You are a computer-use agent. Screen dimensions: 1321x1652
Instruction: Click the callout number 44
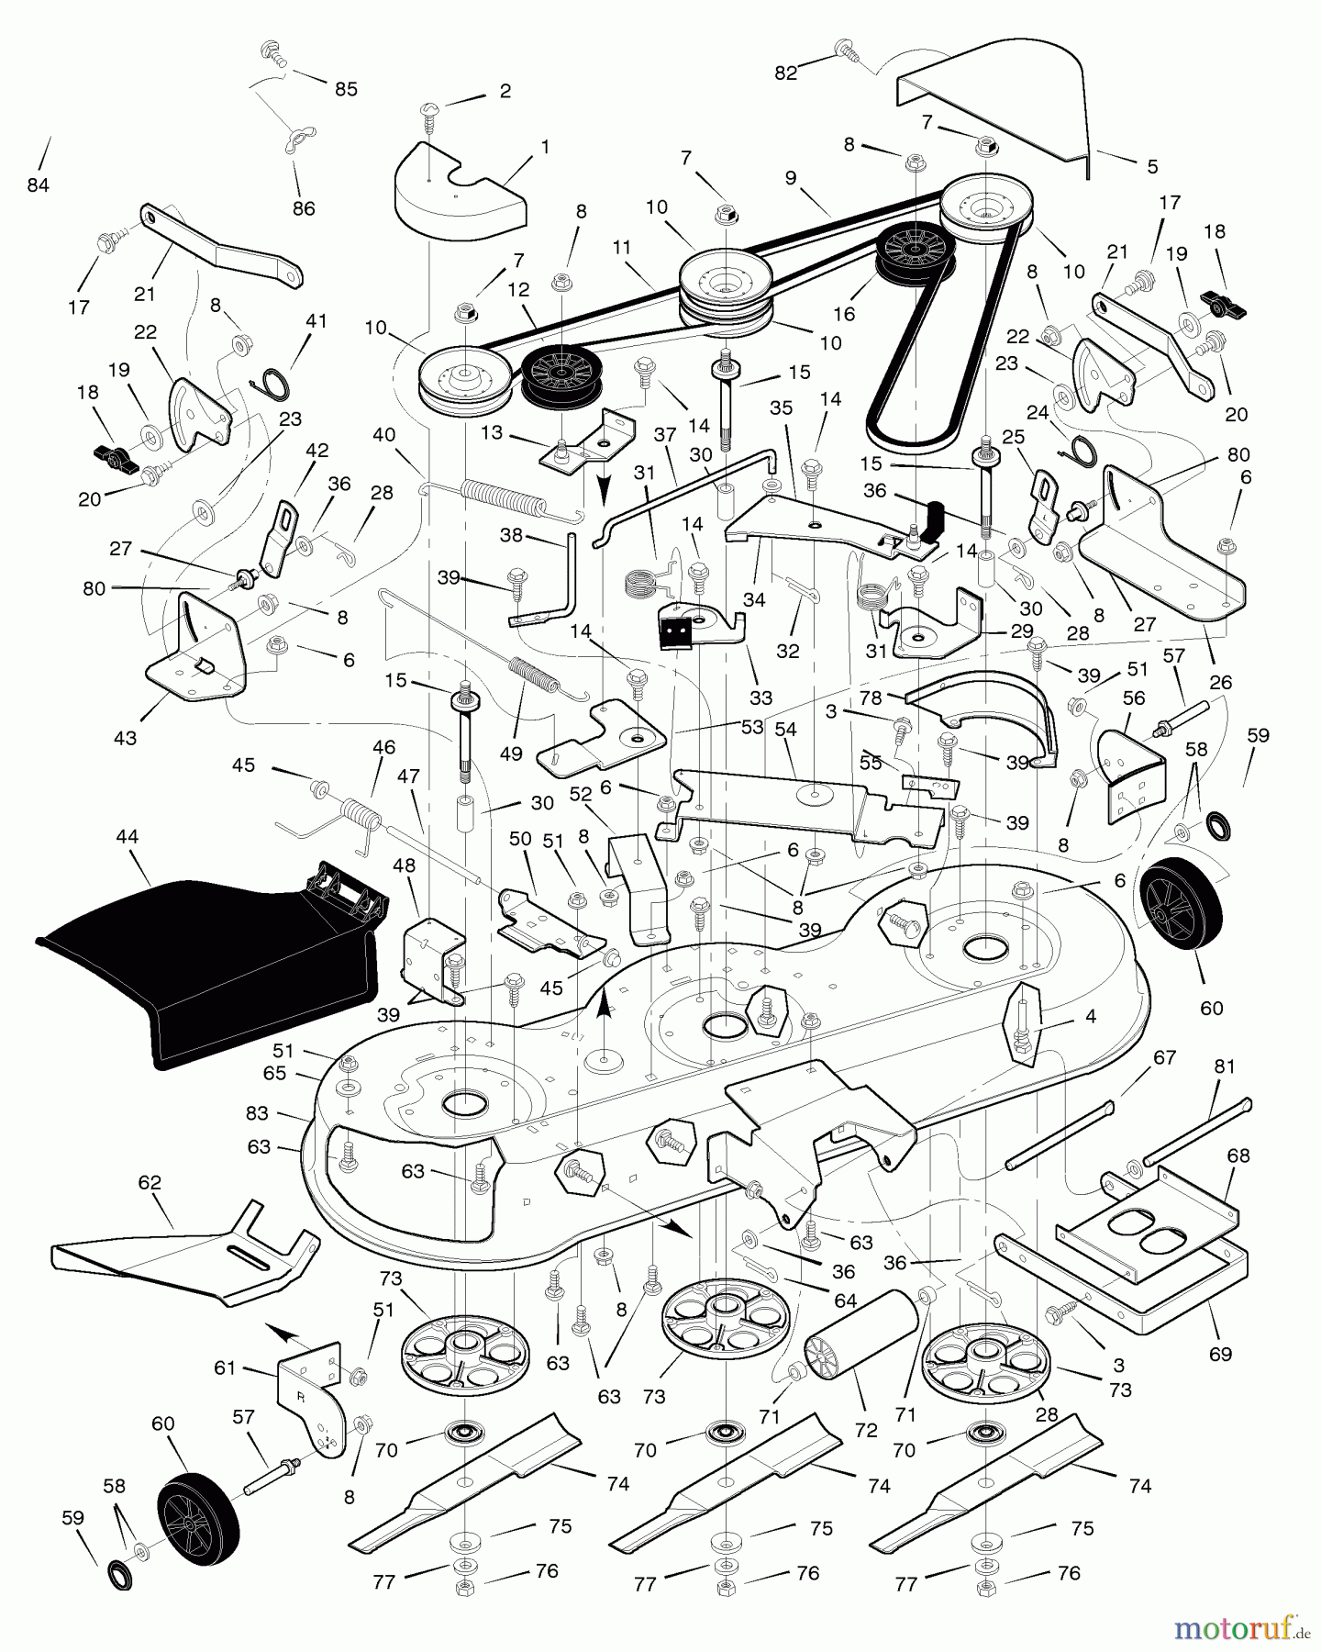click(128, 836)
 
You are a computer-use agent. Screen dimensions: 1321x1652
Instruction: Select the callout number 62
click(150, 1182)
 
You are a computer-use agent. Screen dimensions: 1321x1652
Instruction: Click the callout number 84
click(38, 185)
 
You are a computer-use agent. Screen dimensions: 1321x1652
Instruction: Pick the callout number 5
click(1152, 166)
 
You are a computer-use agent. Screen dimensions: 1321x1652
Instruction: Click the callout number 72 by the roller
click(865, 1430)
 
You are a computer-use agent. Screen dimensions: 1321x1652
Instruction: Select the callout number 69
click(1220, 1354)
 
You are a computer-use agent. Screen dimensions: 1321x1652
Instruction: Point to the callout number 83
click(257, 1112)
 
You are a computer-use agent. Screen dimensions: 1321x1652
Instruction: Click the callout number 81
click(1225, 1066)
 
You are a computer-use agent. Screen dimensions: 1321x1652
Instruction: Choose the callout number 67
click(1164, 1057)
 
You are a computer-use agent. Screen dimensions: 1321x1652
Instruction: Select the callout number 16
click(844, 314)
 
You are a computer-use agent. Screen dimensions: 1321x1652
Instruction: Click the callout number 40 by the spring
click(384, 434)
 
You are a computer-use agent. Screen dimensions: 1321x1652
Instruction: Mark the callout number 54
click(785, 729)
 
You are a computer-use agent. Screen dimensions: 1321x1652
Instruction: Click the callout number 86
click(304, 208)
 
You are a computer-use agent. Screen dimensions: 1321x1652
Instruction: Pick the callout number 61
click(225, 1367)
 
